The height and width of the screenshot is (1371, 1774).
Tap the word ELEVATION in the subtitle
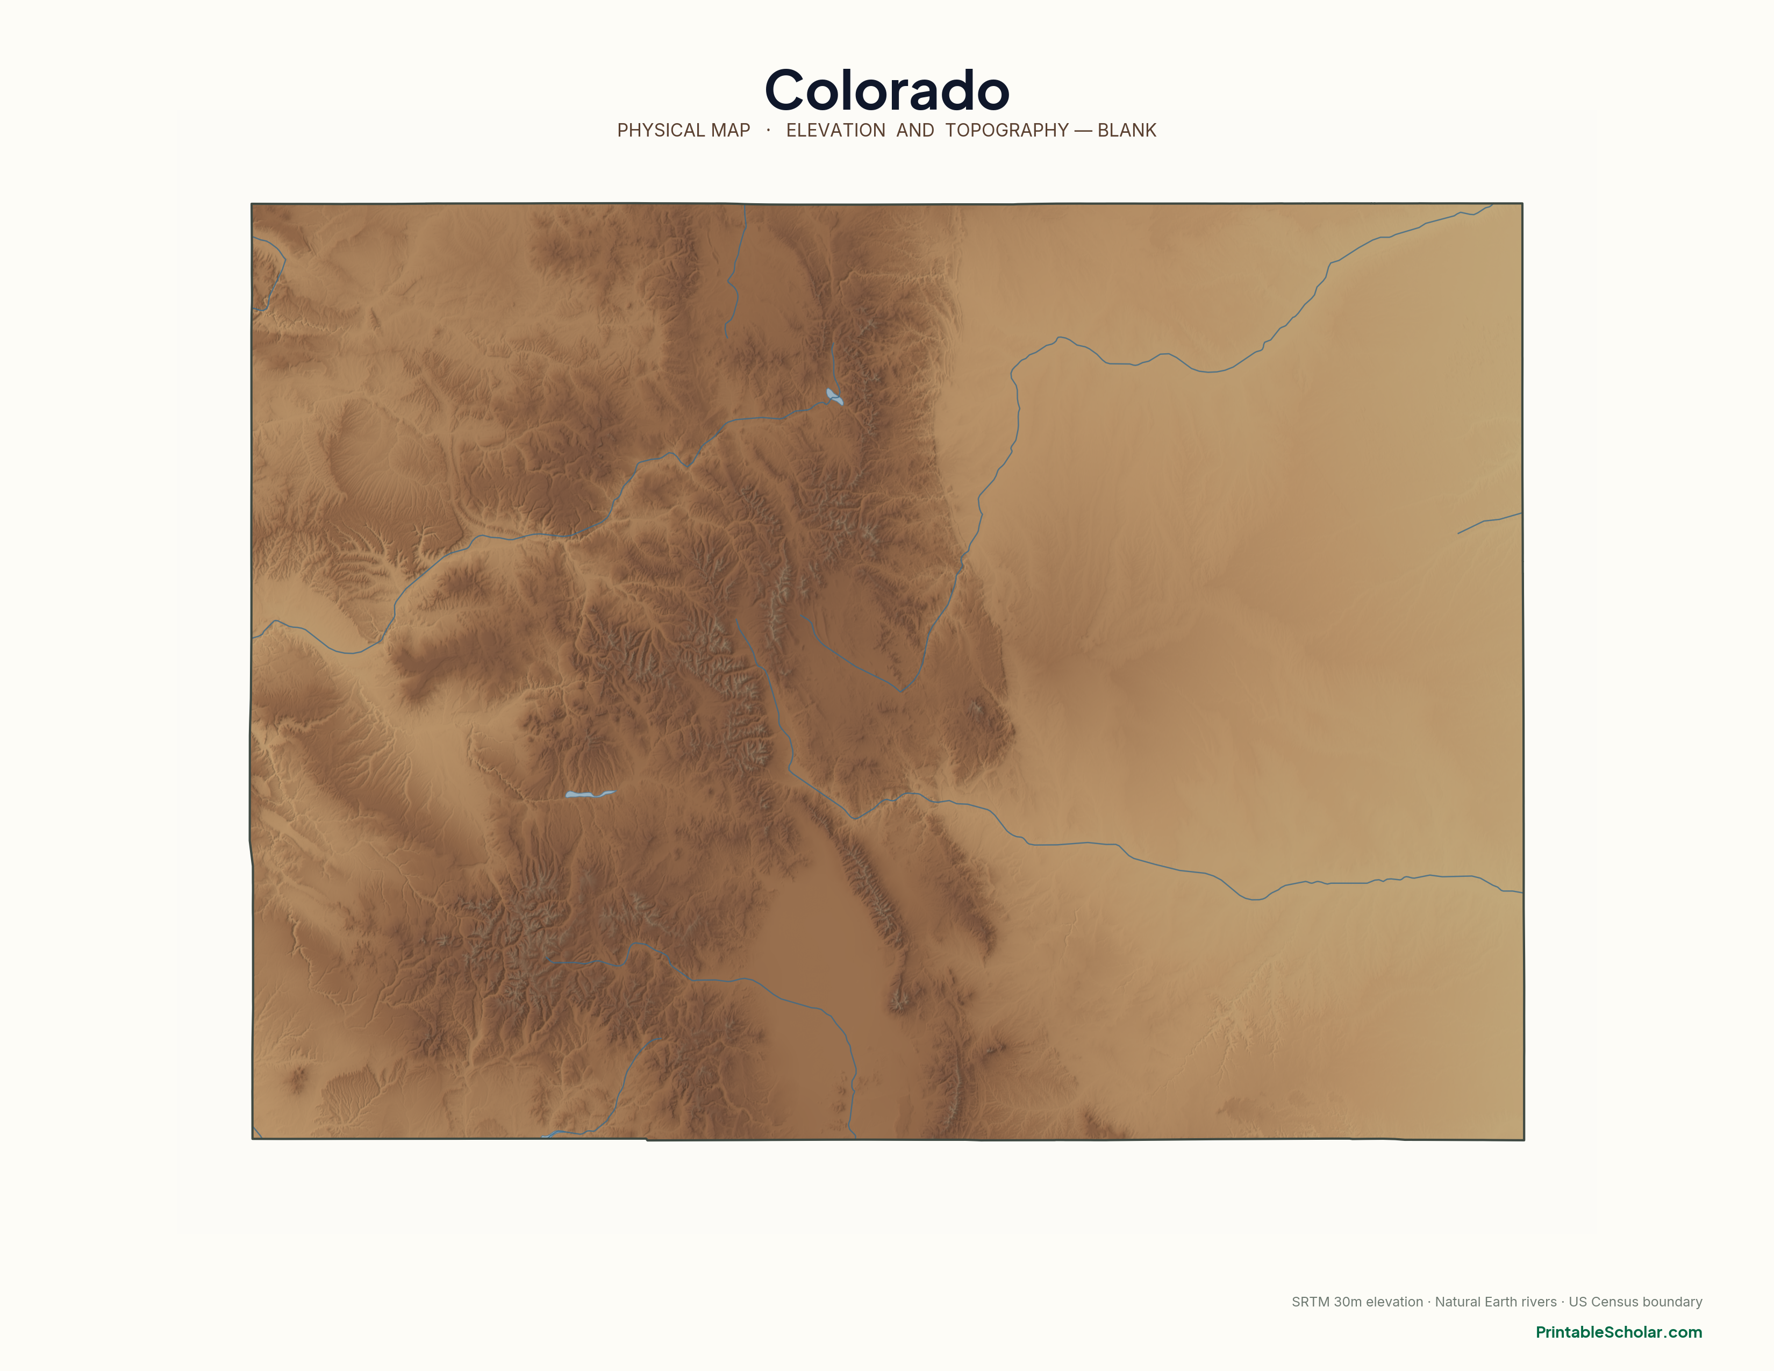[x=835, y=131]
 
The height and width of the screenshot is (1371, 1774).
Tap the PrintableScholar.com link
[x=1618, y=1332]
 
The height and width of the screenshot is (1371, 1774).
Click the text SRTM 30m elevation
[x=1356, y=1302]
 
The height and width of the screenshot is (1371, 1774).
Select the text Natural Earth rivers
[x=1496, y=1302]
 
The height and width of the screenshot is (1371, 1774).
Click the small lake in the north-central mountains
[x=834, y=396]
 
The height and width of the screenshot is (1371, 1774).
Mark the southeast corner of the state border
[x=1523, y=1139]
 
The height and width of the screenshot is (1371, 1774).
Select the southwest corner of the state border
[x=253, y=1138]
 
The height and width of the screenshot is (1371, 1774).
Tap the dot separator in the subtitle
[x=768, y=130]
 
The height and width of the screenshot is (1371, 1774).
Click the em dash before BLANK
[x=1083, y=131]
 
